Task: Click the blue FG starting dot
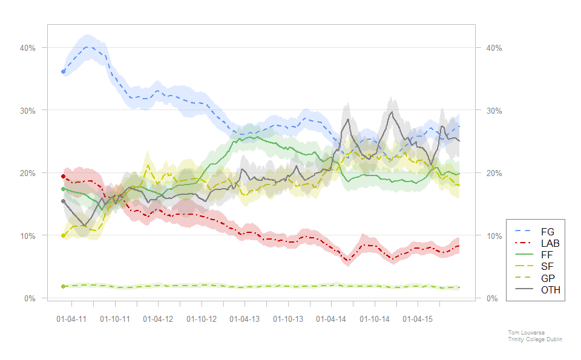(63, 71)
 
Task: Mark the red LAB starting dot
(63, 176)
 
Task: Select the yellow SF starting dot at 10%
(63, 235)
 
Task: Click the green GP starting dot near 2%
(63, 286)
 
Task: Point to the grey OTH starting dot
(63, 201)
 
